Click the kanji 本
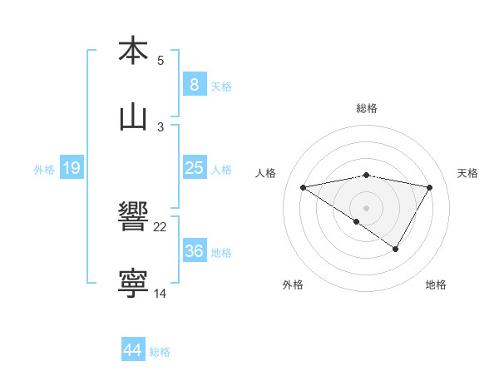[133, 51]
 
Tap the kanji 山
[133, 118]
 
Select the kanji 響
[133, 219]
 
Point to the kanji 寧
[133, 285]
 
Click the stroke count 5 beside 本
[161, 61]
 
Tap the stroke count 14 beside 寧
[161, 294]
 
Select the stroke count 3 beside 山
[161, 127]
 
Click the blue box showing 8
[194, 84]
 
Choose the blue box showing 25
[194, 168]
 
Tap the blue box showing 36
[194, 251]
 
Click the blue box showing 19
[71, 169]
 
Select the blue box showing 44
[133, 350]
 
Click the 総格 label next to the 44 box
[160, 352]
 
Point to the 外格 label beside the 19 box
[44, 170]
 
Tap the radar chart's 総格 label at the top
[366, 108]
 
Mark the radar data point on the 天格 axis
[429, 187]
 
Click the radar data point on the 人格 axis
[303, 187]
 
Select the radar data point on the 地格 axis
[396, 248]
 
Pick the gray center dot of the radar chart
[366, 207]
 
